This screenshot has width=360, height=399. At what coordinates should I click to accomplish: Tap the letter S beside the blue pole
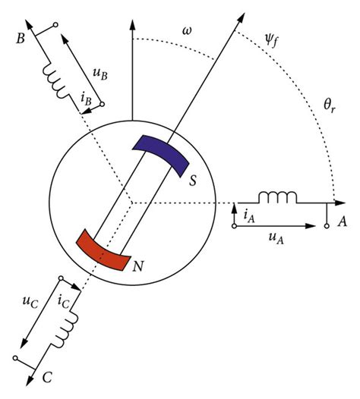[x=193, y=181]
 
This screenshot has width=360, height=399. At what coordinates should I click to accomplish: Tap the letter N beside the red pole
[x=138, y=266]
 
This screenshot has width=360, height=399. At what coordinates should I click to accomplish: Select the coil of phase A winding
[x=277, y=198]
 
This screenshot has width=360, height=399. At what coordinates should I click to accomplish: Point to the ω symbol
[x=187, y=31]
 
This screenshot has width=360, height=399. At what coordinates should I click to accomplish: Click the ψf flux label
[x=271, y=41]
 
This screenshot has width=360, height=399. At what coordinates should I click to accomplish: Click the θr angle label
[x=330, y=105]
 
